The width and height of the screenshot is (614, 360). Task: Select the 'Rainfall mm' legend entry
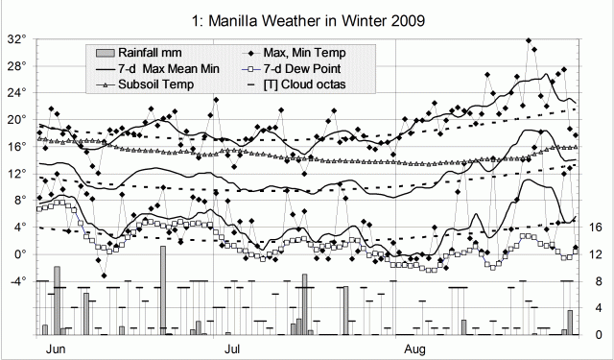tap(158, 51)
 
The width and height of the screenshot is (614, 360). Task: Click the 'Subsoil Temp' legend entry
tap(157, 85)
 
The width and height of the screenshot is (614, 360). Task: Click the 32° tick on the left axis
tap(16, 39)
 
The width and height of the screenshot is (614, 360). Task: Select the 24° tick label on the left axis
tap(16, 93)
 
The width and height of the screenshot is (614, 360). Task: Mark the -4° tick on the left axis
tap(14, 281)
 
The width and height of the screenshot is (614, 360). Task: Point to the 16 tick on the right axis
tap(594, 228)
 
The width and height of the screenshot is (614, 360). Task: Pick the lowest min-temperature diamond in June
tap(104, 275)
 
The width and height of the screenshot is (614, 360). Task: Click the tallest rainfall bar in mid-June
tap(163, 290)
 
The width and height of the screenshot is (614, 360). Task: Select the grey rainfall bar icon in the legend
tap(106, 51)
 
